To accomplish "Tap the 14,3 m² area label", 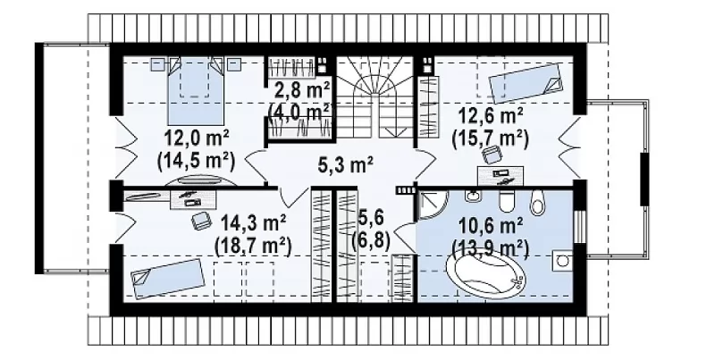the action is (254, 223).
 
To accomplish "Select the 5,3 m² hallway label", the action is (346, 167).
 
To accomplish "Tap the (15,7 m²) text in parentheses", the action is (491, 138).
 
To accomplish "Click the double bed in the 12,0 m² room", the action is (195, 90).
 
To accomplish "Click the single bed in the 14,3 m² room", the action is (167, 278).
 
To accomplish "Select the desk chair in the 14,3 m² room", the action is (200, 221).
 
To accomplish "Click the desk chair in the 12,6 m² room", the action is (492, 155).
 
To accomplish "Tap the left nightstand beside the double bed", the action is (158, 64).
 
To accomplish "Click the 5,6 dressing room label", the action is (370, 229).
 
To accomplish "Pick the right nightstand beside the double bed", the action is (234, 64).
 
